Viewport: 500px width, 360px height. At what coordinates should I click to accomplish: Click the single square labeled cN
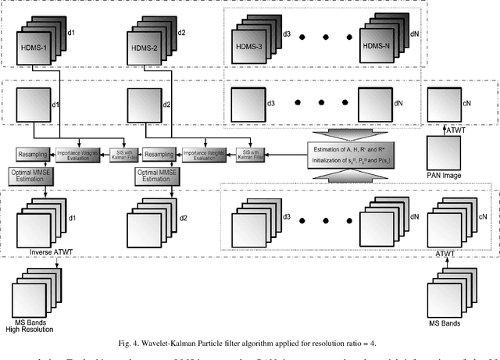click(448, 104)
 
